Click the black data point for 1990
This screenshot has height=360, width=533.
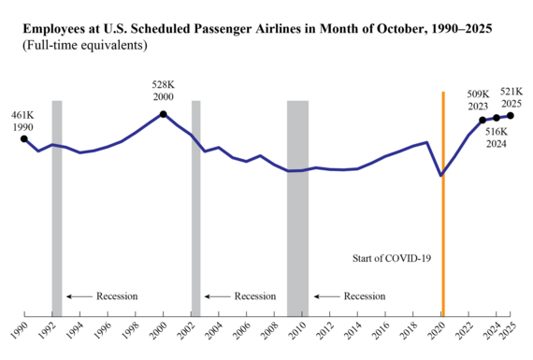23,139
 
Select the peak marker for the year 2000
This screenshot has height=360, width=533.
164,114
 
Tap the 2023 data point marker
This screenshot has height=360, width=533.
483,120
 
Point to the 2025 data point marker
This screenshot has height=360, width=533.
510,115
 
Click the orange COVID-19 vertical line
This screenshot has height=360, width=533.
442,206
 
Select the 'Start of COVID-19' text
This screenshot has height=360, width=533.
392,257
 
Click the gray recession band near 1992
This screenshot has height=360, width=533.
57,206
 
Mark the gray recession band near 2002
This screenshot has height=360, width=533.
195,206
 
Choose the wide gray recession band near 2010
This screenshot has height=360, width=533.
297,206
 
